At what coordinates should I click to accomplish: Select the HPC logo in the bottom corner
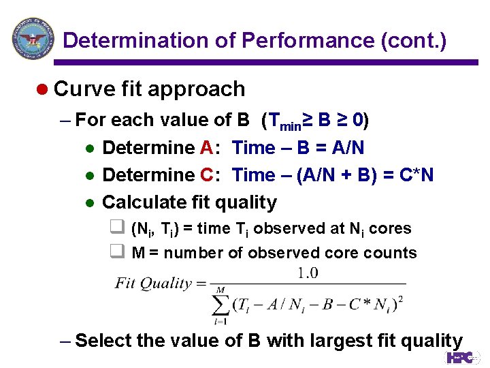(x=463, y=357)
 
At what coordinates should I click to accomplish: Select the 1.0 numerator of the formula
(x=308, y=273)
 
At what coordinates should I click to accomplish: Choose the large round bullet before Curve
(x=42, y=90)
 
